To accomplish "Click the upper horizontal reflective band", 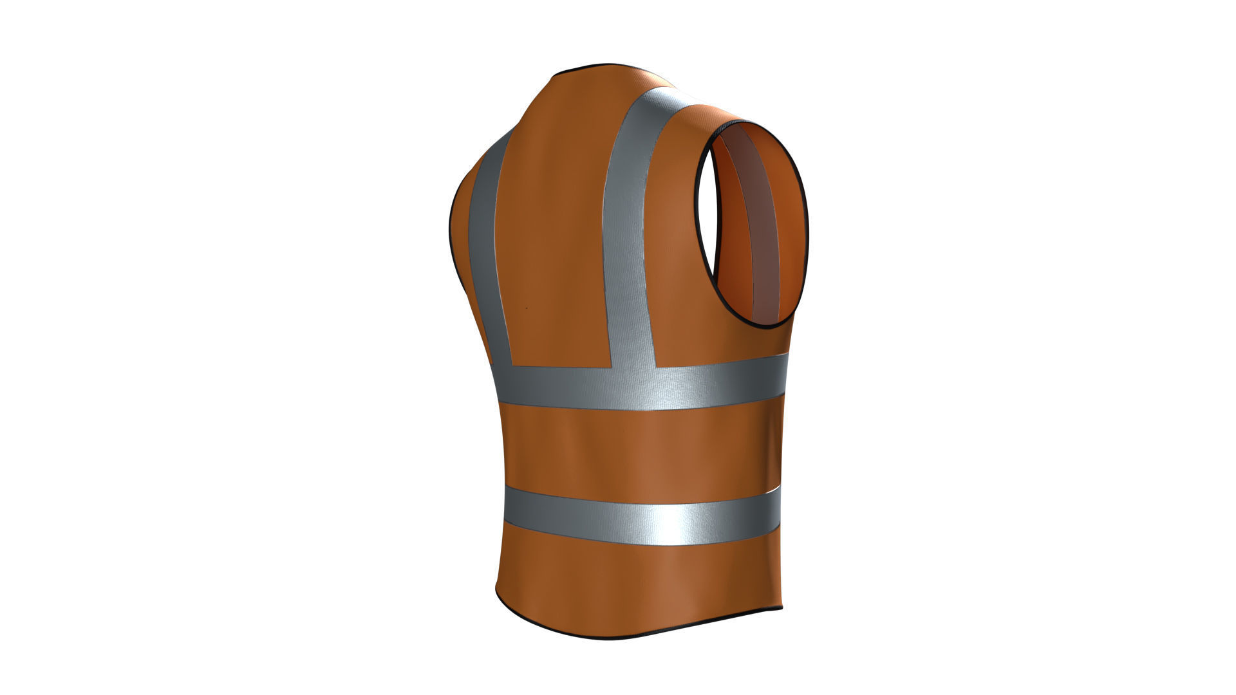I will click(x=644, y=386).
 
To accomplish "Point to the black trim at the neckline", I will click(x=605, y=66).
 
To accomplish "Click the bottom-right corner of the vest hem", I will click(x=781, y=607).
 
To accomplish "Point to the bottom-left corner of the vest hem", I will click(x=497, y=589).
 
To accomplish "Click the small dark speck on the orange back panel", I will click(x=527, y=308).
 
